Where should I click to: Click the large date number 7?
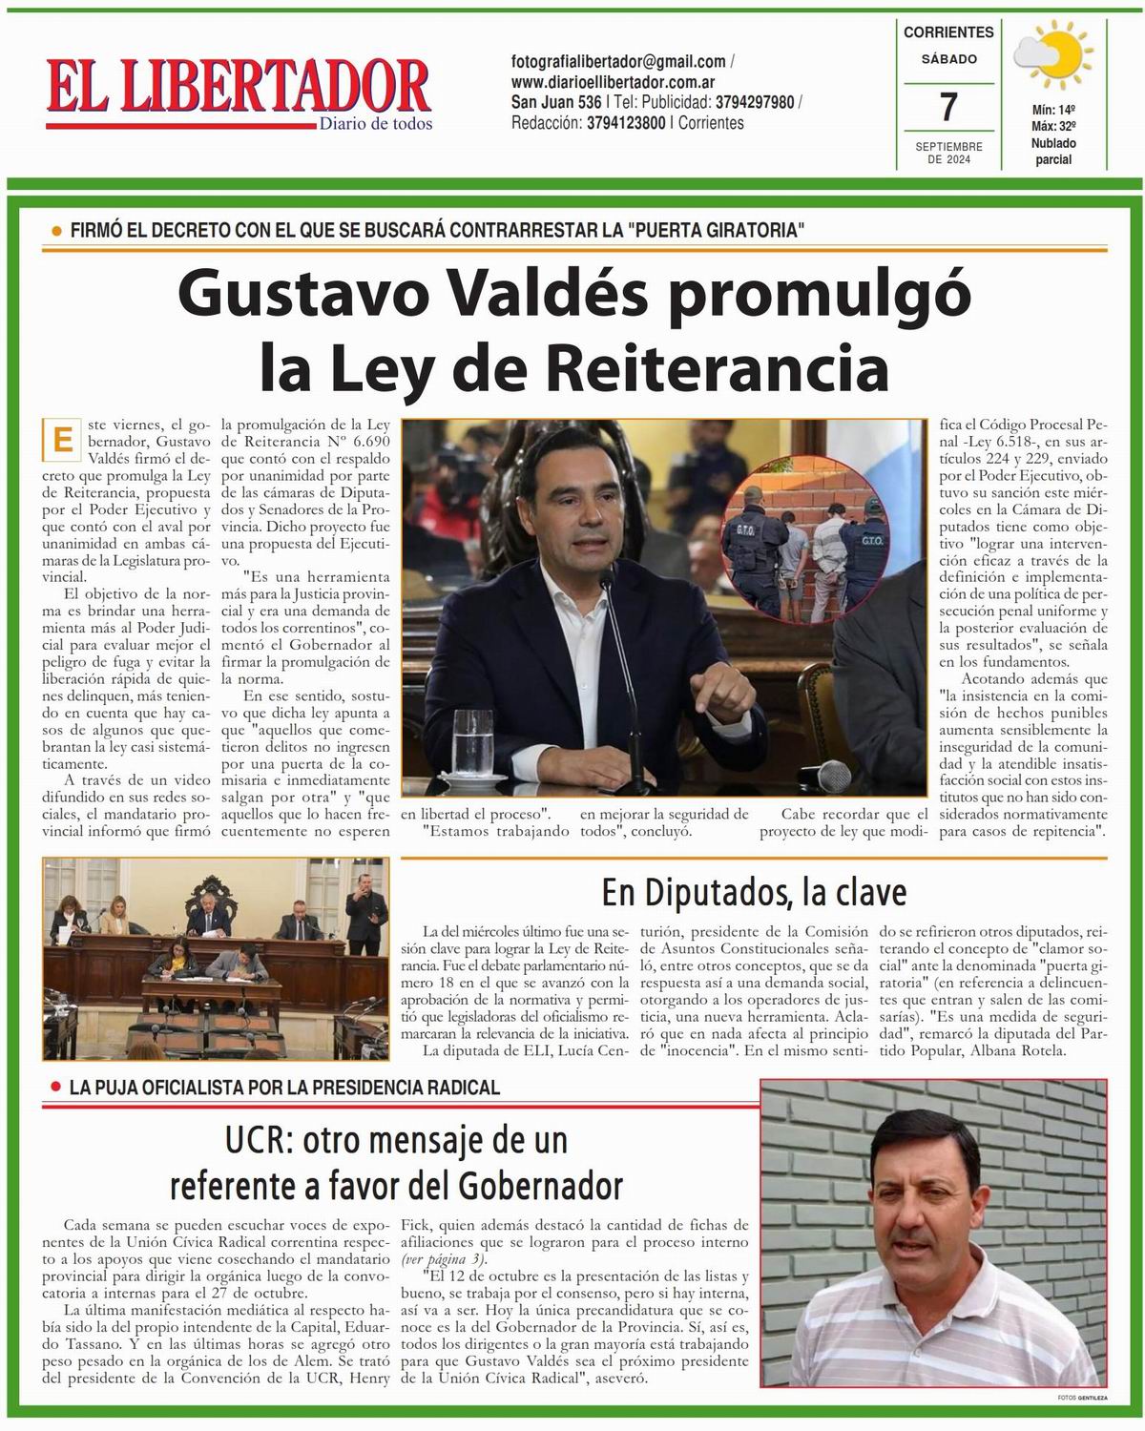coord(947,107)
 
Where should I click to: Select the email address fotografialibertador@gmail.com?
coord(618,61)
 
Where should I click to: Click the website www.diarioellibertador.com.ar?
coord(614,82)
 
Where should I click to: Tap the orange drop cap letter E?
coord(63,440)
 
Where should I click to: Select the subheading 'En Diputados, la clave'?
coord(754,893)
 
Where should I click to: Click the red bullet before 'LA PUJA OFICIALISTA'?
coord(57,1088)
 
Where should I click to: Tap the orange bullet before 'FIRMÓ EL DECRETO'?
coord(56,230)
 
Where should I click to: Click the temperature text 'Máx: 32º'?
coord(1054,126)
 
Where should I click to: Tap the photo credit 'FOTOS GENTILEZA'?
coord(1082,1398)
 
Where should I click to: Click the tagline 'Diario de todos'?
coord(376,124)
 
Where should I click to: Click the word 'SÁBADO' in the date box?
coord(948,59)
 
